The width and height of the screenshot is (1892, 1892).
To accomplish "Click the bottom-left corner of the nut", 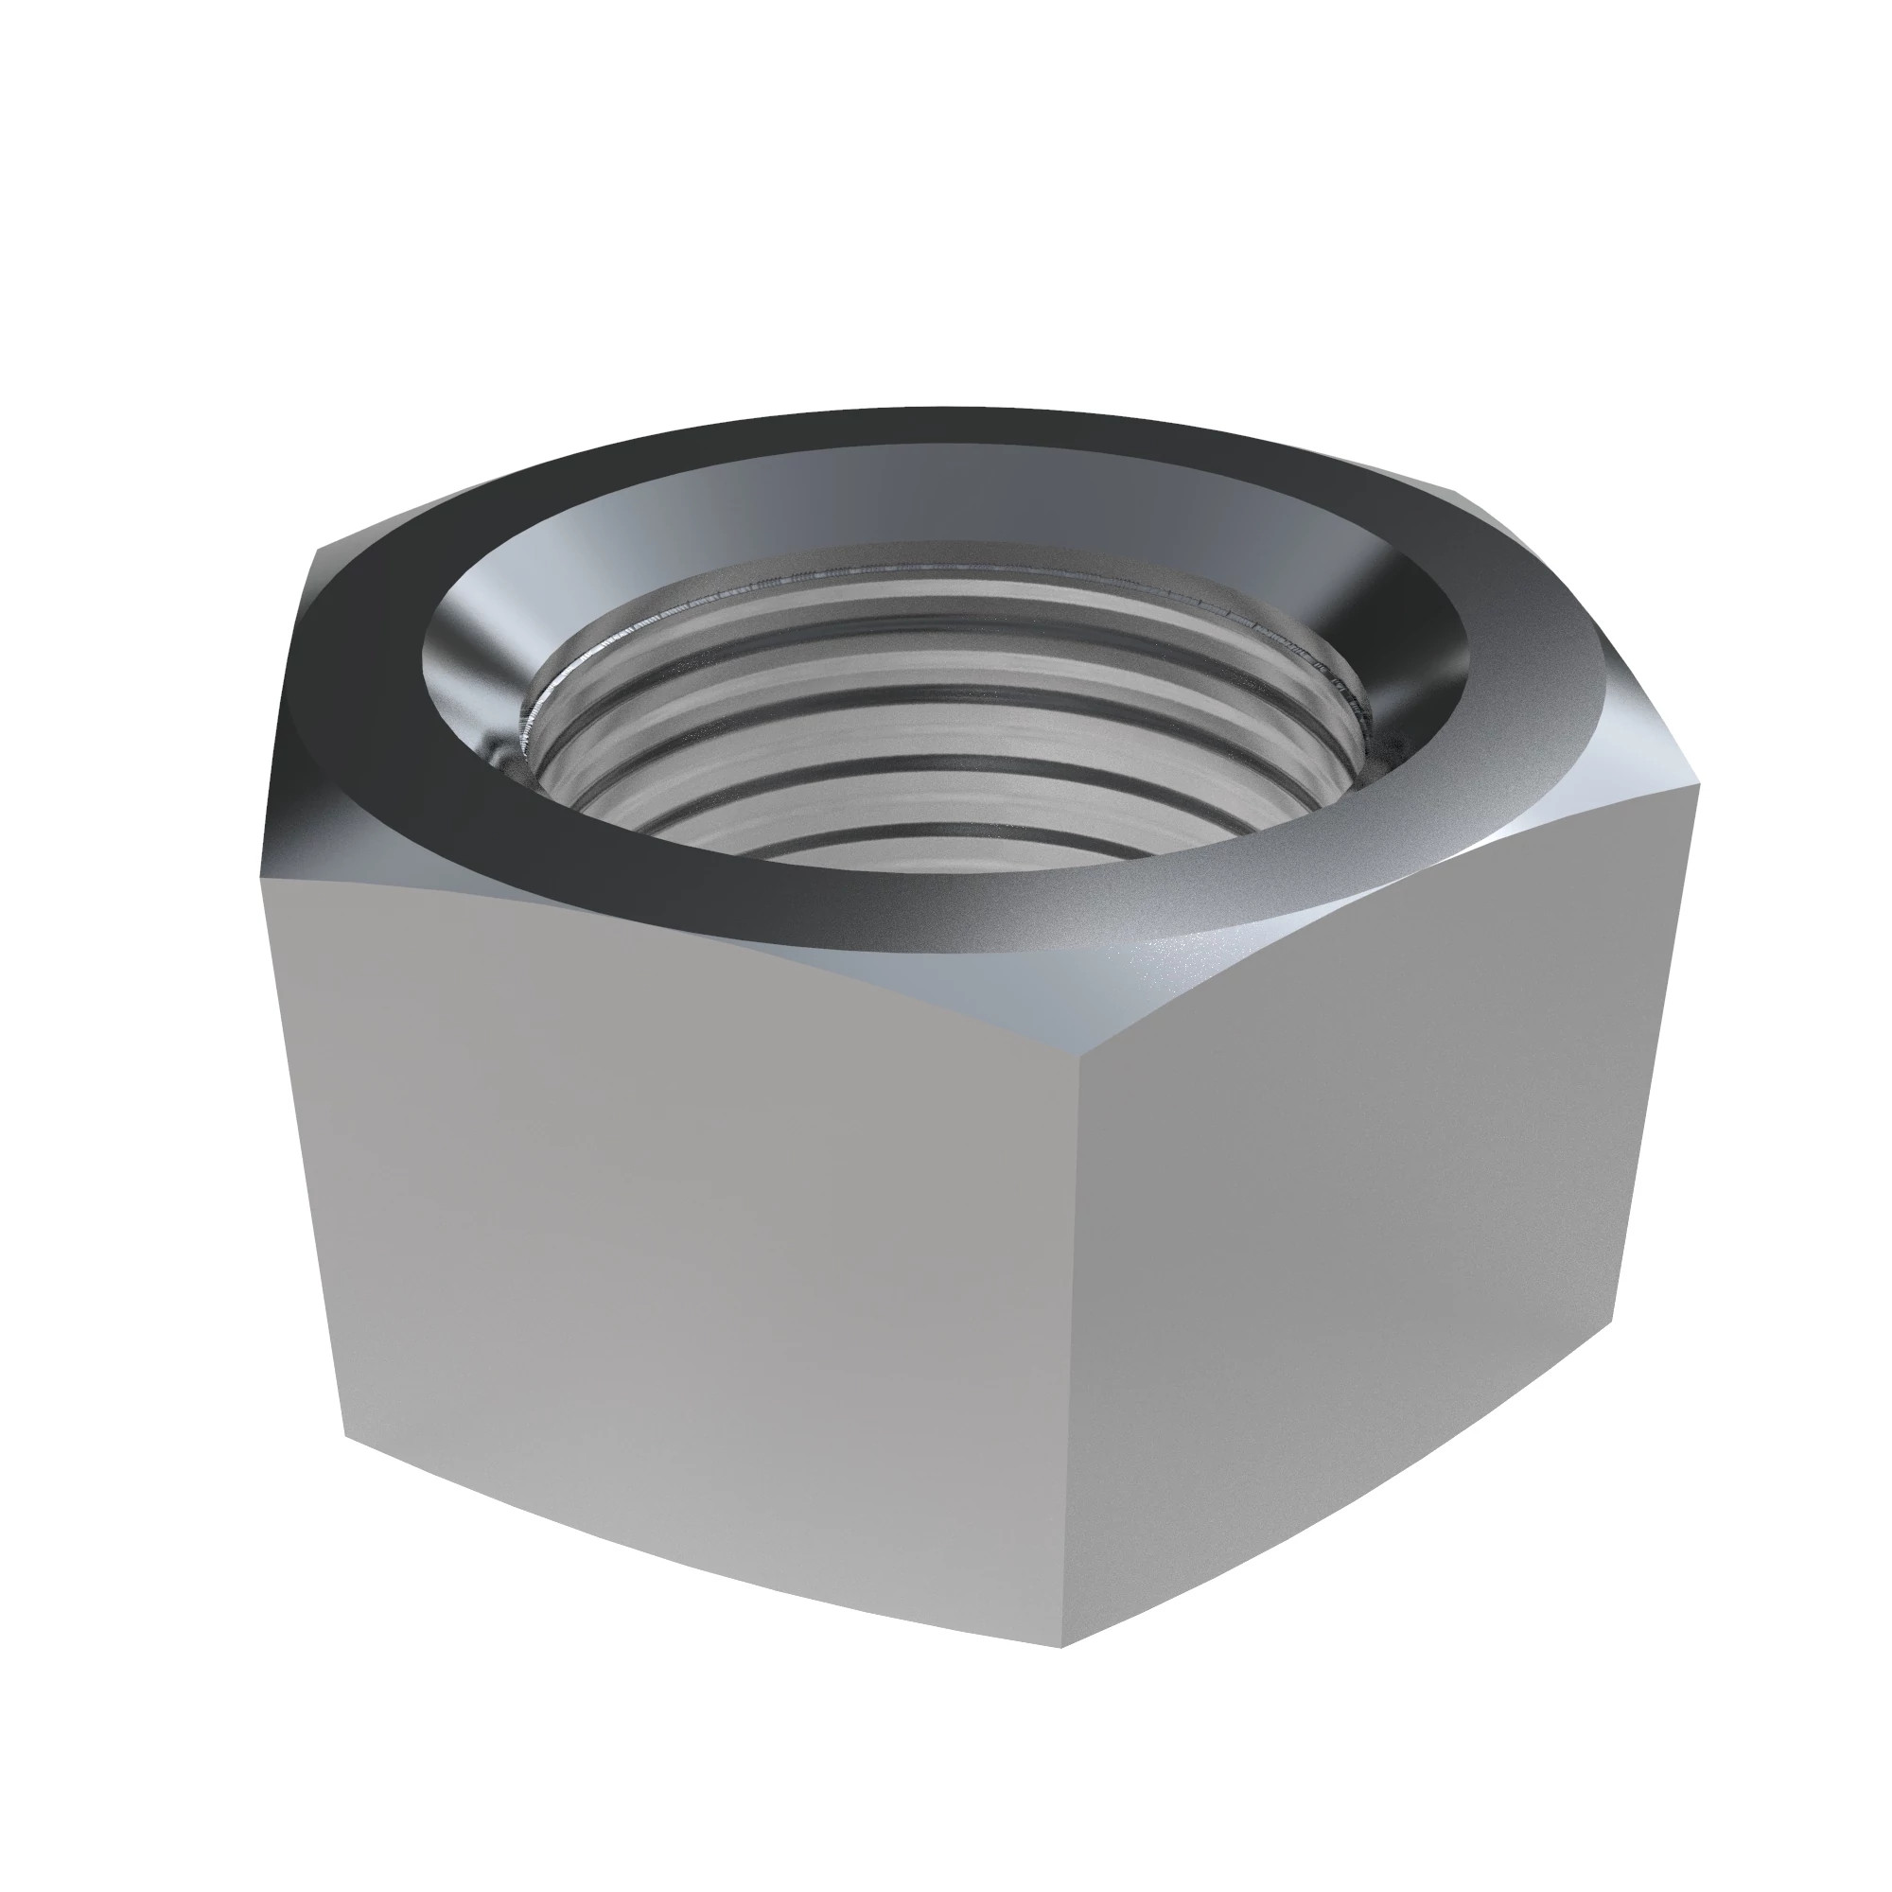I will [x=342, y=1431].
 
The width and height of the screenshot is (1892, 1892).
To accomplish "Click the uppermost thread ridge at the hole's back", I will [x=940, y=578].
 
